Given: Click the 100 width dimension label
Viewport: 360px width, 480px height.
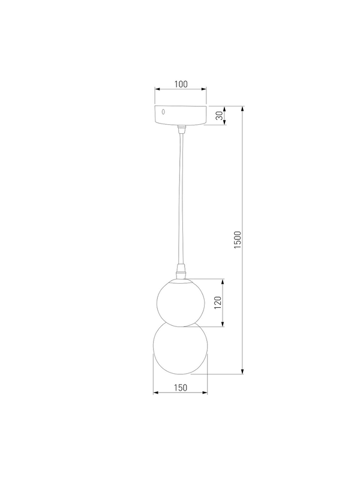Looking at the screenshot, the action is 181,84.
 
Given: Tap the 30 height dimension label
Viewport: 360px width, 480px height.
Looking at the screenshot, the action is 219,116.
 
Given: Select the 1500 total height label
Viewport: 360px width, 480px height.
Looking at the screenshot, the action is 238,239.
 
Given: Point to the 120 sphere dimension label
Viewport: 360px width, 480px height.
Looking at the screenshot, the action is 217,302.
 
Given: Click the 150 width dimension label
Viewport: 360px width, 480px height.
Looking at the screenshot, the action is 181,388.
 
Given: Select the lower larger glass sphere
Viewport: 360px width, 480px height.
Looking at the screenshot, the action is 181,349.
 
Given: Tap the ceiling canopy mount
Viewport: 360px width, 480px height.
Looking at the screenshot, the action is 181,115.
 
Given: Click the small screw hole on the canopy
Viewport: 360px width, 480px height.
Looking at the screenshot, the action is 163,112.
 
